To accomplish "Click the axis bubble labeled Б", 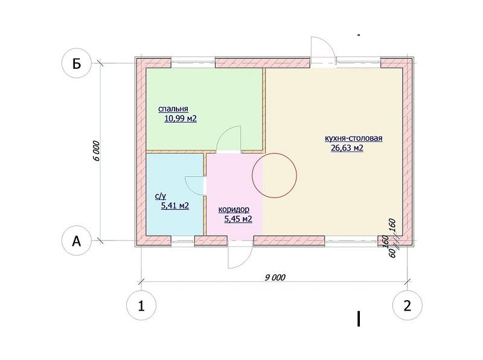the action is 77,64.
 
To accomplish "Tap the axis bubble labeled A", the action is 77,241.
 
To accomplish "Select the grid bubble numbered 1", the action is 141,306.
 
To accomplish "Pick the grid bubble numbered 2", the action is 407,306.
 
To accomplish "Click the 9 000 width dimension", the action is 275,277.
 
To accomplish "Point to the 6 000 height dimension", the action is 96,151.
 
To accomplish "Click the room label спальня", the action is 173,109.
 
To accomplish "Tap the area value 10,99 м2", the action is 181,118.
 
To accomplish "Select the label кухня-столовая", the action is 354,138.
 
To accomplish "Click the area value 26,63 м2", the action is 347,148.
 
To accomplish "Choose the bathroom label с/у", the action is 161,196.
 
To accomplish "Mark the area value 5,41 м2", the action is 175,205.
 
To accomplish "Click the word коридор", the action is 234,210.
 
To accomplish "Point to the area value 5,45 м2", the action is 238,219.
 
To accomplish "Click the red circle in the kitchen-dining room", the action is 252,175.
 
